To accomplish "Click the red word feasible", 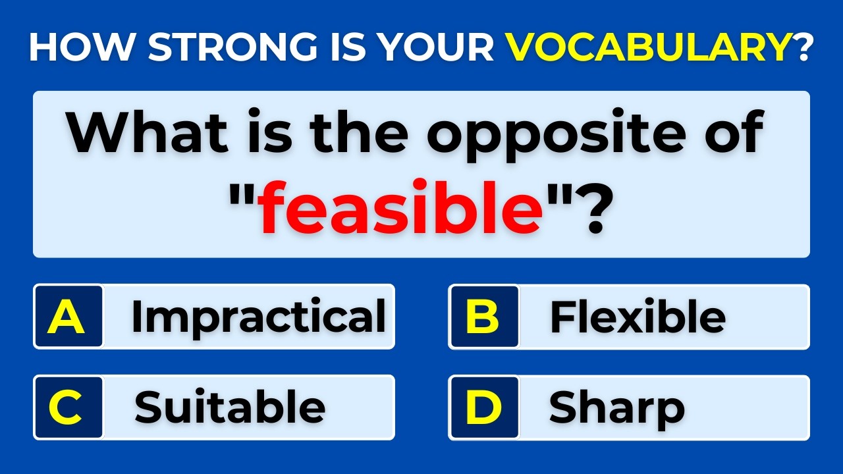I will [x=400, y=209].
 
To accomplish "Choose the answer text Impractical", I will [x=258, y=317].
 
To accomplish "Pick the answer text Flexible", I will [x=638, y=317].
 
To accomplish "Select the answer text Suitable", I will [x=230, y=408].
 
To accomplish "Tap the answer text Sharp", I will [x=616, y=408].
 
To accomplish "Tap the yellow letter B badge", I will [x=483, y=317].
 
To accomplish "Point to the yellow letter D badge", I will [x=483, y=408].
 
